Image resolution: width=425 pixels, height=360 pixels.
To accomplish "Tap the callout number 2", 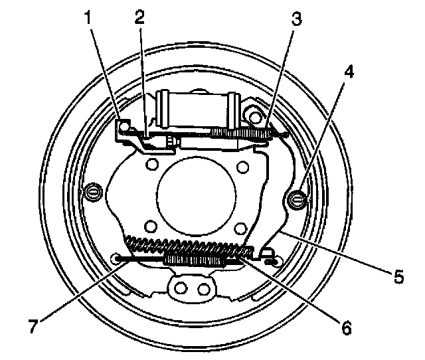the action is pos(139,18).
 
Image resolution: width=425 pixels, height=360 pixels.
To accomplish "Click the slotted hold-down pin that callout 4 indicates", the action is pos(296,197).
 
